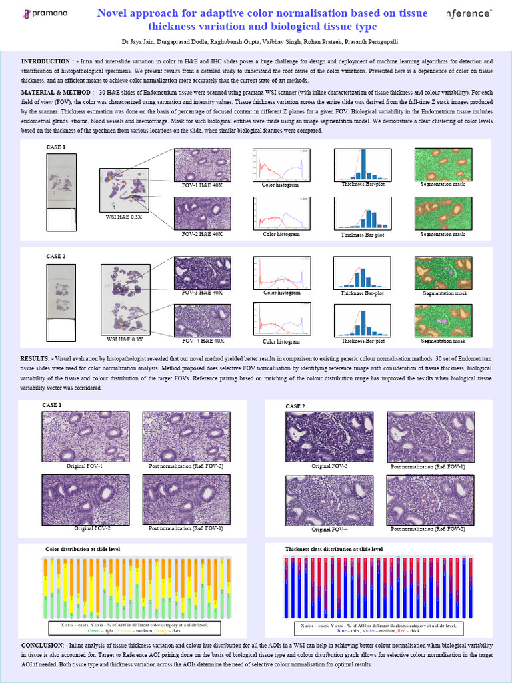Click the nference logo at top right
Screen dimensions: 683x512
coord(471,13)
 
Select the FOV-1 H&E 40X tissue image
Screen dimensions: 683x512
coord(203,165)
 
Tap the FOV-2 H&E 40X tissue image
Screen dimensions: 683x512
coord(203,213)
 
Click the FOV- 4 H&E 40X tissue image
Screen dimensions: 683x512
coord(203,321)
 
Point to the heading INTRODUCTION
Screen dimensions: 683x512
coord(45,61)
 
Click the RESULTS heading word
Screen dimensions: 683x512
coord(34,359)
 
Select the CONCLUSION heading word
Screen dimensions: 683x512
coord(42,646)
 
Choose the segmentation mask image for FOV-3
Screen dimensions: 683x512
coord(443,273)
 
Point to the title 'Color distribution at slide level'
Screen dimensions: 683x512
coord(83,548)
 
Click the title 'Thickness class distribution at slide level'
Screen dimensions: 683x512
coord(334,548)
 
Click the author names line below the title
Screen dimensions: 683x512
coord(256,41)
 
